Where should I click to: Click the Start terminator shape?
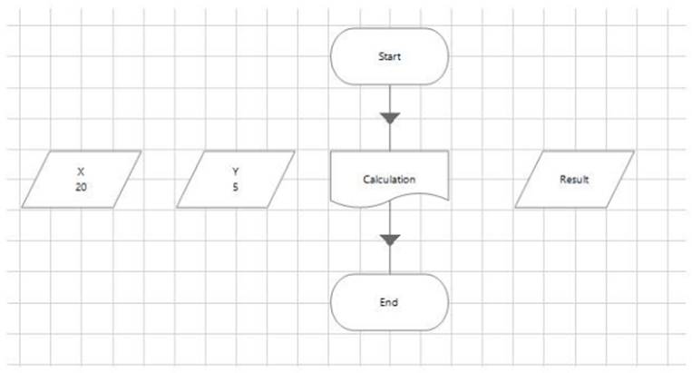coord(390,56)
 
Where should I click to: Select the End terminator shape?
coord(390,302)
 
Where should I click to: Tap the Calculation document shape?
coord(390,179)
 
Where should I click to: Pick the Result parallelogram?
coord(574,179)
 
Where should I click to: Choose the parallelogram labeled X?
coord(82,179)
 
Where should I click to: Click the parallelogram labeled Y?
coord(235,179)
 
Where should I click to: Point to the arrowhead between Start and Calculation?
coord(390,118)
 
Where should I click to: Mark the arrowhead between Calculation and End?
coord(390,240)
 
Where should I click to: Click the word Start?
coord(390,56)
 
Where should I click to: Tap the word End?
coord(389,302)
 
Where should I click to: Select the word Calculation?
coord(389,179)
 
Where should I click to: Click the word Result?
coord(574,179)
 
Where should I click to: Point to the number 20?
coord(81,187)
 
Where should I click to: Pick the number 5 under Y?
coord(235,187)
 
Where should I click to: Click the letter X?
coord(81,172)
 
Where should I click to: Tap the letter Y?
coord(235,172)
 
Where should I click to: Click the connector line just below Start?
coord(390,99)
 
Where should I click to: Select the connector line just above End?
coord(390,260)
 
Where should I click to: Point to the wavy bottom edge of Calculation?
coord(390,201)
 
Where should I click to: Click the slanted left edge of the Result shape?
coord(529,179)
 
